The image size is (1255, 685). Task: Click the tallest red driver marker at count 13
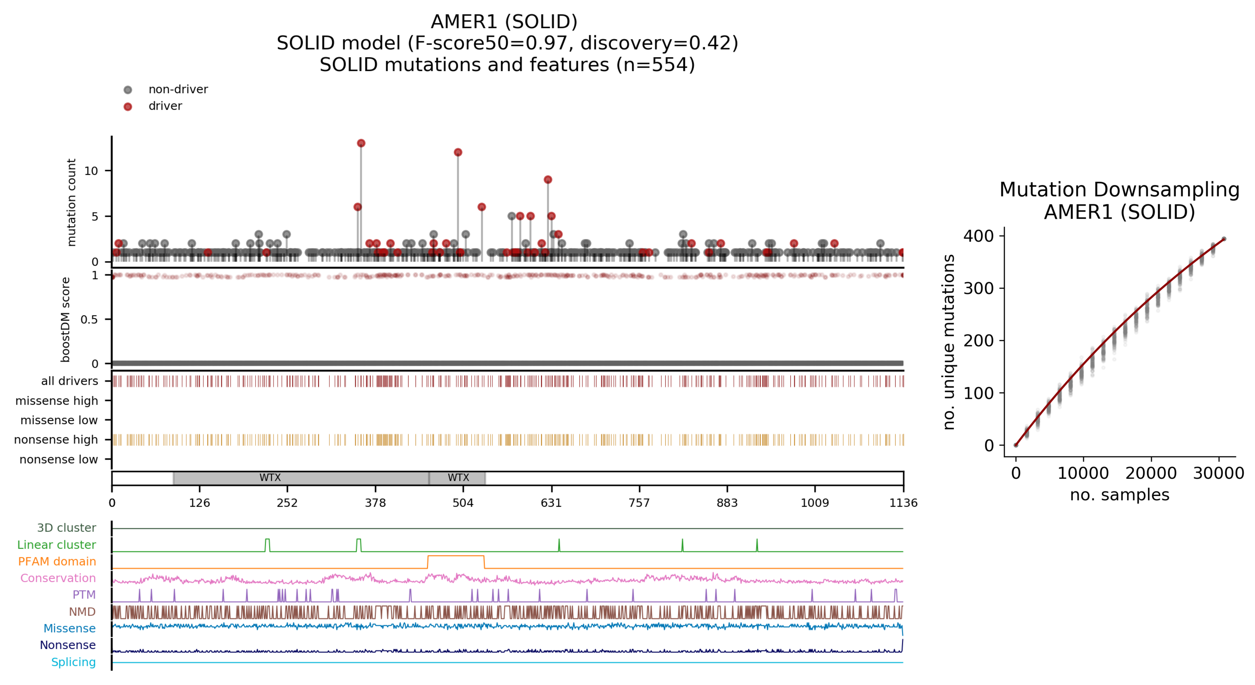(361, 143)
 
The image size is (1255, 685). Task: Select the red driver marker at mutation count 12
(458, 152)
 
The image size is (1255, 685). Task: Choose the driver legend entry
(165, 106)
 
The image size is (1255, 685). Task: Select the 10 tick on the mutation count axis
(91, 171)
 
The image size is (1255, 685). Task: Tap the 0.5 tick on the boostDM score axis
(89, 319)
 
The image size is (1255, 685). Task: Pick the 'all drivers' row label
(70, 381)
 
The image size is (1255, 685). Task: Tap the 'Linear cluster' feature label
(56, 545)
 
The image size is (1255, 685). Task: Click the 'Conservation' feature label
(58, 578)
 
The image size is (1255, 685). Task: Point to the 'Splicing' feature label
(74, 662)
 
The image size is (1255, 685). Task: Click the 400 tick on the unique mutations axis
(978, 236)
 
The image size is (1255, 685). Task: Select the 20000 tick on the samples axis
(1151, 473)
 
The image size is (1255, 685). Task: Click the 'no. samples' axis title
(1119, 495)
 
